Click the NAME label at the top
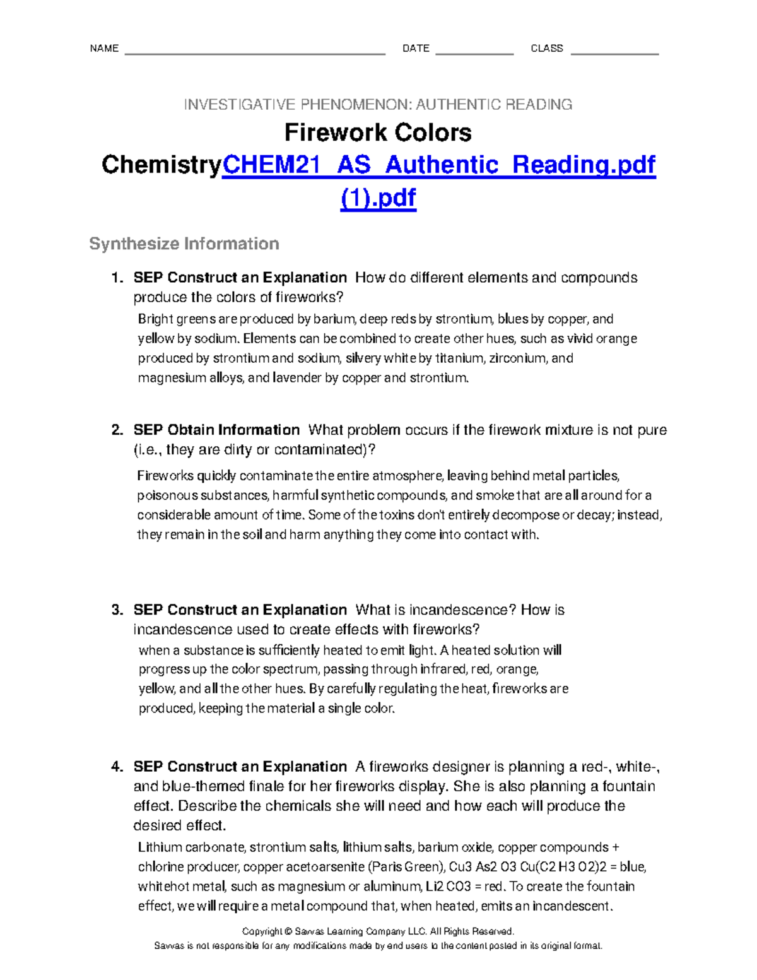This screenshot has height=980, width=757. point(104,49)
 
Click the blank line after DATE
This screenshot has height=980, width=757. point(474,50)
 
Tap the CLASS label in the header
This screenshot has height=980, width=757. point(547,49)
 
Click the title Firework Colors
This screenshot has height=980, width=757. point(378,133)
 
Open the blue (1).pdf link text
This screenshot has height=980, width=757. point(378,198)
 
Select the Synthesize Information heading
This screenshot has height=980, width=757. point(184,244)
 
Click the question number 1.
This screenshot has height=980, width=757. point(117,278)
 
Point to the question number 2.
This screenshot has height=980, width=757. point(117,430)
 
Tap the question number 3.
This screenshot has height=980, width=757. point(117,610)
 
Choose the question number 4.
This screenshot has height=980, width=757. point(117,767)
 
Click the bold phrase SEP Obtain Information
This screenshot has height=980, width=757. point(216,430)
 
